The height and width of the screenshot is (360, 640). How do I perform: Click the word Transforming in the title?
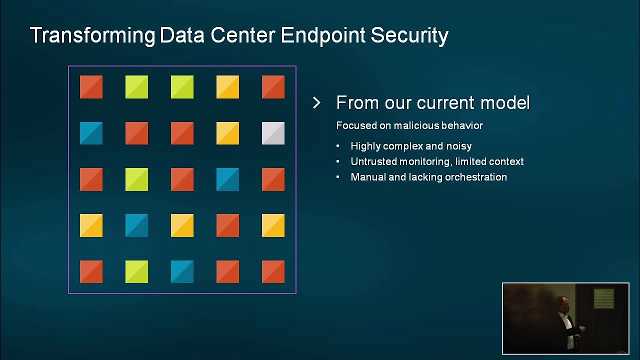click(92, 35)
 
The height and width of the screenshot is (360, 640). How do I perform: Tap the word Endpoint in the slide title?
click(323, 35)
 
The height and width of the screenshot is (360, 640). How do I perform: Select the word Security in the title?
click(409, 35)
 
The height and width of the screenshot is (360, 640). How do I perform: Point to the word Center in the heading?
click(243, 35)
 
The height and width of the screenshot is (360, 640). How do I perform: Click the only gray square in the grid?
click(273, 133)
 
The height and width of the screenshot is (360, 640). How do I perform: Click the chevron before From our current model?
click(316, 103)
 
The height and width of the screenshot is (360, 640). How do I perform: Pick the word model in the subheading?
click(505, 102)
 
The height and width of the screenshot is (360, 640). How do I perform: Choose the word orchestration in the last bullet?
click(475, 177)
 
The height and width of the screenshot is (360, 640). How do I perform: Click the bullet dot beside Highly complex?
click(338, 146)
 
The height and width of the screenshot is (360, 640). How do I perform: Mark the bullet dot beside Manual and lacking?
click(338, 177)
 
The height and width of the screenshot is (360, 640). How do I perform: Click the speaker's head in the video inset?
click(562, 304)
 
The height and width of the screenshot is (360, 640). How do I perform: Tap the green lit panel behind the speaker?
click(603, 298)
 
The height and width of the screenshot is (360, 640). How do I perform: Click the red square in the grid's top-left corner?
click(91, 87)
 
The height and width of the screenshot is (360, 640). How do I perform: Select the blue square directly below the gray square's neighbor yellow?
click(227, 179)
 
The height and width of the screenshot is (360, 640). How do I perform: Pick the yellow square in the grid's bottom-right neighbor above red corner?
click(273, 225)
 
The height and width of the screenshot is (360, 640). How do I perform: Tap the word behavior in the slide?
click(462, 125)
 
